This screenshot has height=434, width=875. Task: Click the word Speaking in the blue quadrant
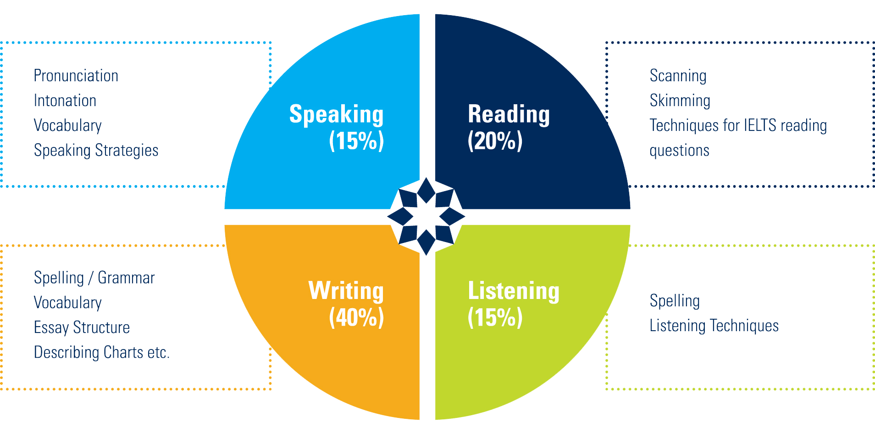336,114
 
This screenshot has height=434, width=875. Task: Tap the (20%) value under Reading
495,141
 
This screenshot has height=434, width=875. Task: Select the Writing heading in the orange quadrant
346,291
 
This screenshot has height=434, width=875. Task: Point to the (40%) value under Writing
356,317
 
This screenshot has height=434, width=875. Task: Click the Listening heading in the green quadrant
514,291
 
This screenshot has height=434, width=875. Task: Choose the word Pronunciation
76,76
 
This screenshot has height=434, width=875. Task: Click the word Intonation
65,101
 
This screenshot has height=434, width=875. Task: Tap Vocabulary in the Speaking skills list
68,125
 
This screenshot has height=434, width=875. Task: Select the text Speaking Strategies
96,151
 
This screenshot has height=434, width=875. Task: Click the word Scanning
678,76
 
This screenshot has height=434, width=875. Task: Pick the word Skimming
680,101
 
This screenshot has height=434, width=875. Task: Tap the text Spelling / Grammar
94,278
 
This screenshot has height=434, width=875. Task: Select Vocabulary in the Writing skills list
68,303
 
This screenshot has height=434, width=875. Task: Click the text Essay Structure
82,327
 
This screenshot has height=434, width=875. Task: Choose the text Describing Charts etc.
102,352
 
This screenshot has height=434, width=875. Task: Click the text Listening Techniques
714,326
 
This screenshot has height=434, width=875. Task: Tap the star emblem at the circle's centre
426,216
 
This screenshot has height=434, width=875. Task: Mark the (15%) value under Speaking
356,141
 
